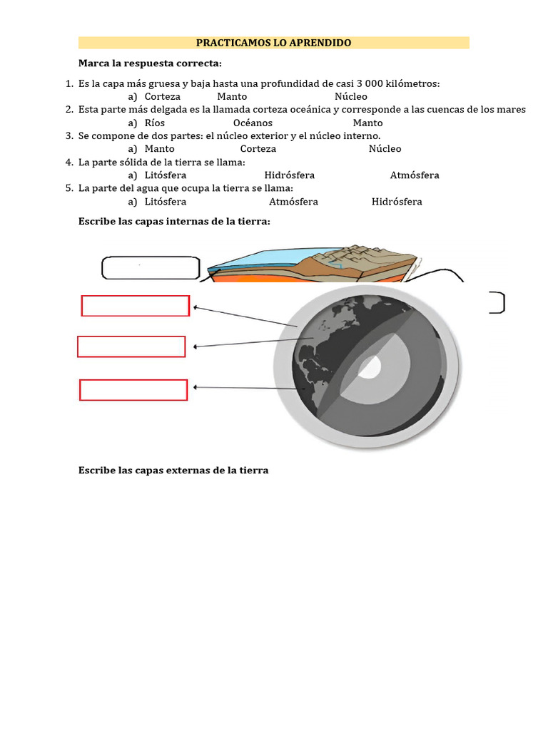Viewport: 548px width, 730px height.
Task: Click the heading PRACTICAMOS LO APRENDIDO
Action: [273, 43]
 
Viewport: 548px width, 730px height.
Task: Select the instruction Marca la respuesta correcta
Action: [150, 63]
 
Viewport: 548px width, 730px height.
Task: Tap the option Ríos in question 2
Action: [154, 123]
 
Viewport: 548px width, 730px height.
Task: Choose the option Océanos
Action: [253, 123]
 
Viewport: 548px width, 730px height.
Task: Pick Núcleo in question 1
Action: [350, 96]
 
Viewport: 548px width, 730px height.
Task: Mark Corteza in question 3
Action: [258, 149]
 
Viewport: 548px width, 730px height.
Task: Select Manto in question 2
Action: [367, 123]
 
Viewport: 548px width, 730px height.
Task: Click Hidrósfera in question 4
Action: [289, 175]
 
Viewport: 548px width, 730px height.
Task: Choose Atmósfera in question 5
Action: [293, 202]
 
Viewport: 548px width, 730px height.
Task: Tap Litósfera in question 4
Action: [166, 175]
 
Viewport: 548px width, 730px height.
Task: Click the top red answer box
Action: [135, 306]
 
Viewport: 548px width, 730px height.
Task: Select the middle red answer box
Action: [131, 346]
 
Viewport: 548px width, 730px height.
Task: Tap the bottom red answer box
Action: [133, 391]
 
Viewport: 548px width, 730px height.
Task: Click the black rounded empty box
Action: [151, 268]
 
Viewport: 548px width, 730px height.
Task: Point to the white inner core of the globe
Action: [370, 367]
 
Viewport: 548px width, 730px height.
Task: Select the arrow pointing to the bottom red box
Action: [250, 388]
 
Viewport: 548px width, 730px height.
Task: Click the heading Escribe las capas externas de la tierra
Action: [173, 471]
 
